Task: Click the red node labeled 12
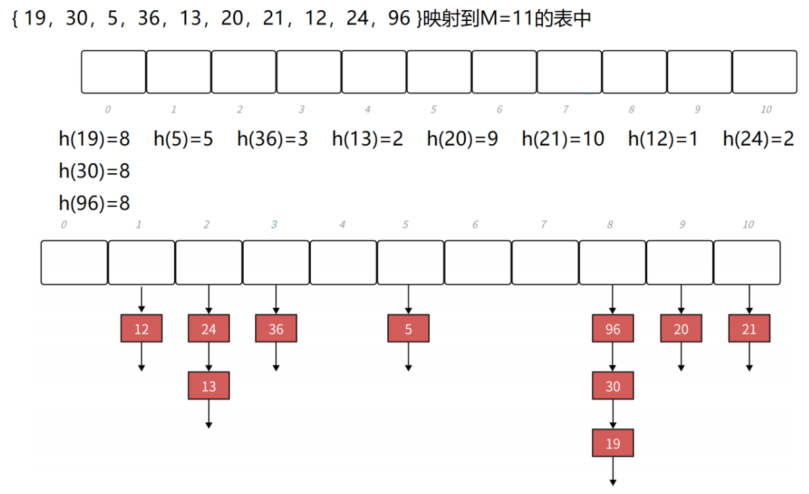point(141,330)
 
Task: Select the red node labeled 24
point(209,330)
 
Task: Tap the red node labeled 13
point(209,386)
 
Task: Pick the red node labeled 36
point(276,330)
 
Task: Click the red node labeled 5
point(408,330)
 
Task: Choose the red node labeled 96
point(613,330)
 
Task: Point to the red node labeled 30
point(613,386)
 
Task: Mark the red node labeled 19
point(613,443)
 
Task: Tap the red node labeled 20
point(681,330)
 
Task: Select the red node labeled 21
point(749,330)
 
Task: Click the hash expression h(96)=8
point(94,203)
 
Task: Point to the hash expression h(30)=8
point(94,171)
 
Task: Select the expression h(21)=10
point(563,139)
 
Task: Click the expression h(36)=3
point(272,139)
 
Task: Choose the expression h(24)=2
point(758,139)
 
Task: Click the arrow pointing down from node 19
point(613,471)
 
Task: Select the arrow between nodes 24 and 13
point(209,357)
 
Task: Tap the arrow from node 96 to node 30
point(613,357)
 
